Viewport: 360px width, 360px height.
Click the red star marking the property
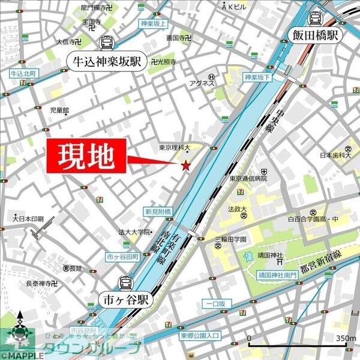[x=187, y=165]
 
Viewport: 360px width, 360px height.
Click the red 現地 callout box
[x=85, y=157]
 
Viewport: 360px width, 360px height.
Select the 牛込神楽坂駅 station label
[x=106, y=61]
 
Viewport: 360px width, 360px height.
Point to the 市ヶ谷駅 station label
[x=126, y=298]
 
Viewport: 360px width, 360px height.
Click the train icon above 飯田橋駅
[x=315, y=18]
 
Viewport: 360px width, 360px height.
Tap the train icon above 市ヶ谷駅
[x=126, y=282]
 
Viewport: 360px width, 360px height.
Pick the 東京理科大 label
[x=175, y=147]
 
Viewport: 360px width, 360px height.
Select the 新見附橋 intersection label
[x=158, y=211]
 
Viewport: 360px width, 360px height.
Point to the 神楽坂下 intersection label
[x=258, y=77]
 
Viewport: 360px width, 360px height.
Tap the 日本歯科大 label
[x=334, y=155]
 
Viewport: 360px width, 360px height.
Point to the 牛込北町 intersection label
[x=23, y=73]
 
